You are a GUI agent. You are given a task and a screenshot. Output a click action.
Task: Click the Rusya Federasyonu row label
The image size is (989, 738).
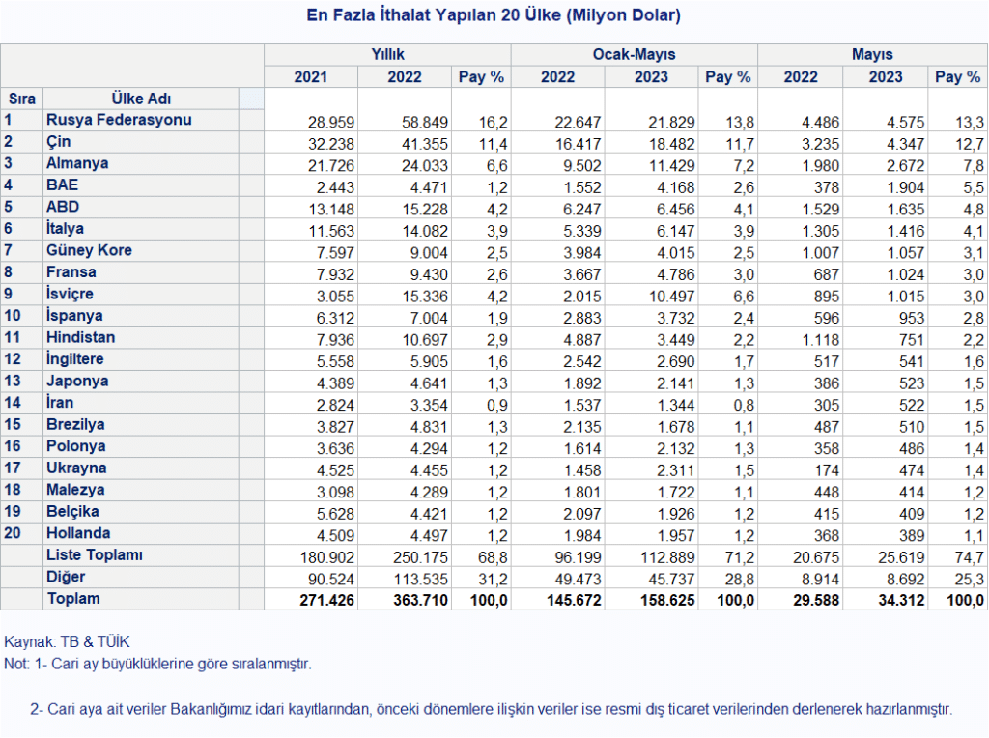(119, 120)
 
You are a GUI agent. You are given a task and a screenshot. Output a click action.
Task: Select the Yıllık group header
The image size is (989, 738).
(387, 54)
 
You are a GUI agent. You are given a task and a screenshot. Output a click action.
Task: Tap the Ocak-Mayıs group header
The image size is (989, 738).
(634, 54)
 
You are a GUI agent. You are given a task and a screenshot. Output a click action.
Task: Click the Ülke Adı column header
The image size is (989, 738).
(141, 99)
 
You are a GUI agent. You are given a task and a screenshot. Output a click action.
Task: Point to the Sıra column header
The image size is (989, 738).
(22, 99)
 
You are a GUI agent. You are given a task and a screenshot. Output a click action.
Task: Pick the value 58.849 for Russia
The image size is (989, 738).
(425, 123)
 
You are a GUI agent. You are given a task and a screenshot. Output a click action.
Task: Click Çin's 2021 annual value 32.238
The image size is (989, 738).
(331, 144)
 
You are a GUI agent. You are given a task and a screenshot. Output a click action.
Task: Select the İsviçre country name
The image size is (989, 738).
(70, 294)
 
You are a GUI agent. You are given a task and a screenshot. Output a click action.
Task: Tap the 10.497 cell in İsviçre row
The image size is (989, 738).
(672, 297)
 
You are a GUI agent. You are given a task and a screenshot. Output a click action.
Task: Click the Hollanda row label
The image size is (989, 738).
(78, 533)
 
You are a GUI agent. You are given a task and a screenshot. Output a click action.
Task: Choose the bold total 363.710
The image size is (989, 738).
(421, 600)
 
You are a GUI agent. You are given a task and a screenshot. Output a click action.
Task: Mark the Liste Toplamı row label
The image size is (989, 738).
(94, 555)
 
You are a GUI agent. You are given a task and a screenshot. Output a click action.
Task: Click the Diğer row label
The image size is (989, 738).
(66, 577)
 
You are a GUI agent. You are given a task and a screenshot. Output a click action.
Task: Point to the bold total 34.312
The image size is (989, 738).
(901, 600)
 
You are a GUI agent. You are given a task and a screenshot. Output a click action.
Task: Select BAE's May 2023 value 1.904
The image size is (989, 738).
(906, 187)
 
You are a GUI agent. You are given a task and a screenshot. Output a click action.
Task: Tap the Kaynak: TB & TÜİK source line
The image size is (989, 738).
(67, 642)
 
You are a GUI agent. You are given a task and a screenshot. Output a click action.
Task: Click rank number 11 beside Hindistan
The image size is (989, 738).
(13, 337)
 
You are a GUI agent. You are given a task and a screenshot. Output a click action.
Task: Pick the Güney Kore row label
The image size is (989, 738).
(89, 250)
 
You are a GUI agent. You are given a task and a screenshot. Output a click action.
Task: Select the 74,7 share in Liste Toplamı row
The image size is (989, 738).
(970, 557)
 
